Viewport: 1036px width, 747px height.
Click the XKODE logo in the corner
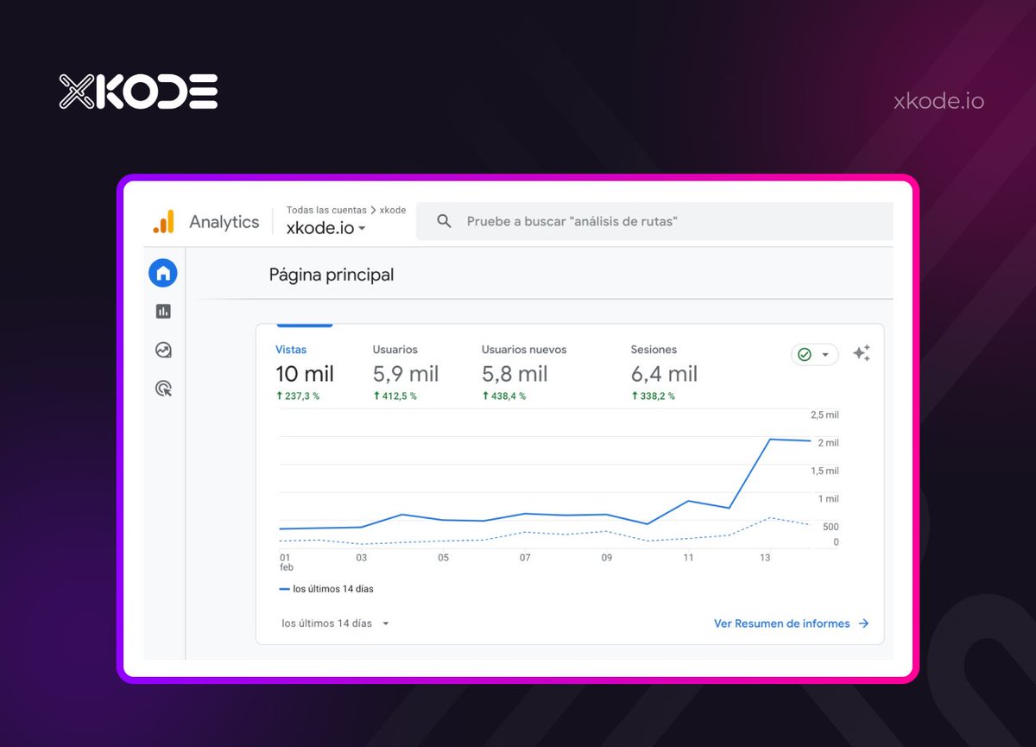click(138, 92)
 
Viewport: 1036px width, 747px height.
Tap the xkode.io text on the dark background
click(938, 101)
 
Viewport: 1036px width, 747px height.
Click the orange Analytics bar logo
click(163, 222)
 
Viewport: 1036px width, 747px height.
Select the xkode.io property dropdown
click(326, 228)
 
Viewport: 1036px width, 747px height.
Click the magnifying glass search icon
click(445, 221)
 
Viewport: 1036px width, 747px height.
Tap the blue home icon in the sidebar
click(162, 273)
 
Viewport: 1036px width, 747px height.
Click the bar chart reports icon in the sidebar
click(163, 311)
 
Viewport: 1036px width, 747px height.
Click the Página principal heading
click(332, 275)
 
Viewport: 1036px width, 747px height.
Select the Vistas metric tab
click(291, 350)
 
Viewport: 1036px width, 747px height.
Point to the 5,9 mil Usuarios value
click(406, 374)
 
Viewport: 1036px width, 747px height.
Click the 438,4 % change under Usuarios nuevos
click(503, 396)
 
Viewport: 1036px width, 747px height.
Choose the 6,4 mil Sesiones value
click(664, 374)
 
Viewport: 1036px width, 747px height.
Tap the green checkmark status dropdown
click(814, 355)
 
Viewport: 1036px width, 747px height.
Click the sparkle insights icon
click(861, 353)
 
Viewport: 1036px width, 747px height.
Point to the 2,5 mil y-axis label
click(824, 415)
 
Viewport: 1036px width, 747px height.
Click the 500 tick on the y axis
click(830, 527)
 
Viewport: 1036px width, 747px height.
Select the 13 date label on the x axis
click(765, 558)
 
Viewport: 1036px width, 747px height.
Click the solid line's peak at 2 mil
click(769, 440)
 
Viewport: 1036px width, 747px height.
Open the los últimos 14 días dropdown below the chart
click(335, 624)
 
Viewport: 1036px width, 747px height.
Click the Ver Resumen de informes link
click(791, 624)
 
